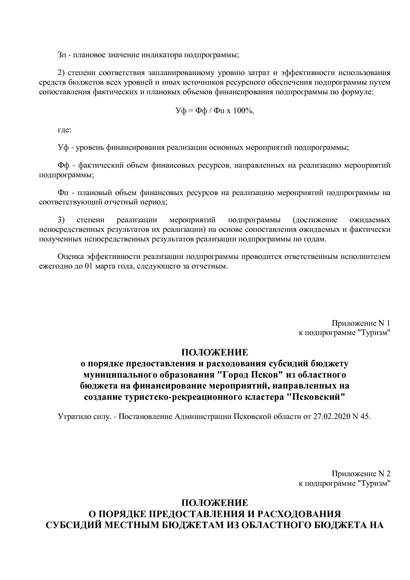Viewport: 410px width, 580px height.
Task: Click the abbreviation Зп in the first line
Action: pyautogui.click(x=62, y=55)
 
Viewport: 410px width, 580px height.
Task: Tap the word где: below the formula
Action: pyautogui.click(x=64, y=130)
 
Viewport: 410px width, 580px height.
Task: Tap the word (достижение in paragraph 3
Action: pyautogui.click(x=315, y=220)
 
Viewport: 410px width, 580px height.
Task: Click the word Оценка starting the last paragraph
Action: pyautogui.click(x=70, y=256)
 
